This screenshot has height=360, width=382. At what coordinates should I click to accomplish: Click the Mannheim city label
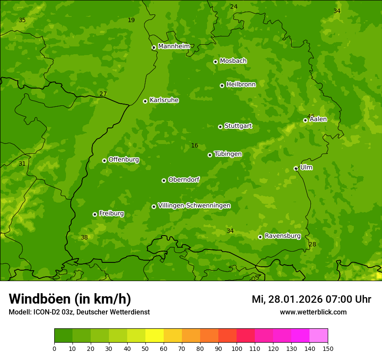click(174, 46)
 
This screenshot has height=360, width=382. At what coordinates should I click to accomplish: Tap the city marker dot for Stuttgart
click(220, 127)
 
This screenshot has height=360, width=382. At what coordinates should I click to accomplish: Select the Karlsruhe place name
click(164, 100)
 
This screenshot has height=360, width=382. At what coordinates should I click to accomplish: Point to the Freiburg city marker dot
click(95, 214)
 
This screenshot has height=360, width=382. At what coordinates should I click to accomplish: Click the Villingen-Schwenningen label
click(194, 206)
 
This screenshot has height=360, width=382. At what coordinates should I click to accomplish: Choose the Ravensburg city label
click(282, 236)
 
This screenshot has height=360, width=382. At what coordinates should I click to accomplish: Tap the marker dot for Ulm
click(296, 168)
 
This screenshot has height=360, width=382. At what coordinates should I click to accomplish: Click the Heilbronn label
click(241, 85)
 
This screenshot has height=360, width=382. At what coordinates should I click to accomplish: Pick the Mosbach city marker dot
click(215, 62)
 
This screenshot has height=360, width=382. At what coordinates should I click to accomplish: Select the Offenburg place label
click(124, 160)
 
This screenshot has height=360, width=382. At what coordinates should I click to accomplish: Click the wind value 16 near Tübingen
click(194, 146)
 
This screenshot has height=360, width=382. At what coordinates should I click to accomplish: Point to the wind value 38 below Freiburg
click(84, 237)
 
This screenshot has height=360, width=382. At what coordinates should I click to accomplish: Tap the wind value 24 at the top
click(234, 7)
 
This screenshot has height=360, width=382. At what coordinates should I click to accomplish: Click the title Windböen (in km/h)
click(70, 299)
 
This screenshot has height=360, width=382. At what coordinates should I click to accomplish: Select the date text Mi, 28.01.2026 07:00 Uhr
click(311, 299)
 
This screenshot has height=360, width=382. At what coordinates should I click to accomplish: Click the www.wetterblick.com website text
click(313, 312)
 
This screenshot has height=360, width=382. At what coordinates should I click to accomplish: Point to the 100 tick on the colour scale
click(237, 348)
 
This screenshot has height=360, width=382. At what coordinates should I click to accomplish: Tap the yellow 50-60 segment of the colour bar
click(155, 336)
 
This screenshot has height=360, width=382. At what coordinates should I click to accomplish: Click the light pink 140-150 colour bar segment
click(319, 336)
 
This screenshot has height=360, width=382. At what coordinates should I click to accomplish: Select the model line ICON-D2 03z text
click(79, 312)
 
